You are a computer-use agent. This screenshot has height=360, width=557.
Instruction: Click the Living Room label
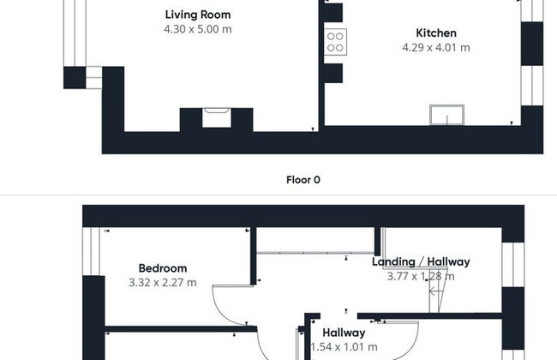pos(198,15)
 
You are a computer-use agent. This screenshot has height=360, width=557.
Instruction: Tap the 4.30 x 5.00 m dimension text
pos(198,29)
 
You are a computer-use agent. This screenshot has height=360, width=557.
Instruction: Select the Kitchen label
pos(436,33)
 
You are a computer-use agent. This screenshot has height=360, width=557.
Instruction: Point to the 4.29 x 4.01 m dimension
pos(436,48)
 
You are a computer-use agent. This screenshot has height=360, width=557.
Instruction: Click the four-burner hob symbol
pos(335,42)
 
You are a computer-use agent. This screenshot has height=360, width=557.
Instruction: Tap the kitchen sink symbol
pos(446,115)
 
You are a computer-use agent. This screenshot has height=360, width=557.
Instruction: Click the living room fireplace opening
pos(217,117)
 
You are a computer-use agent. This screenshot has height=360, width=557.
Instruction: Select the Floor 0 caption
pos(303,180)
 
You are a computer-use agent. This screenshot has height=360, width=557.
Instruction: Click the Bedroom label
pos(163,268)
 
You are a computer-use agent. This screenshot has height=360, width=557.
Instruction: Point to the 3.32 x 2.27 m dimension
pos(163,283)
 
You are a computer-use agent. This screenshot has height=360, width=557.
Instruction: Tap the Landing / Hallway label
pos(421,262)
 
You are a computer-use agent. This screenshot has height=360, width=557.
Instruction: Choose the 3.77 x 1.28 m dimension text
pos(421,277)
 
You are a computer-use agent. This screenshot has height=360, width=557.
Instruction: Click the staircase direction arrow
pos(436,291)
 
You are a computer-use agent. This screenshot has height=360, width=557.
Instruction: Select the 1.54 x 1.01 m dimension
pos(344,347)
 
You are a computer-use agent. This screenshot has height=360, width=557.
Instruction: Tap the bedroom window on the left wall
pos(92,251)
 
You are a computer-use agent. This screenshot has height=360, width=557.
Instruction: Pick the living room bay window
pos(75,33)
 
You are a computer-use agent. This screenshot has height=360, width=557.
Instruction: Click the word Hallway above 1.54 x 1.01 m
pos(344,333)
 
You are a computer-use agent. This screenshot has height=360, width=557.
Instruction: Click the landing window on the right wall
pos(513,265)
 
